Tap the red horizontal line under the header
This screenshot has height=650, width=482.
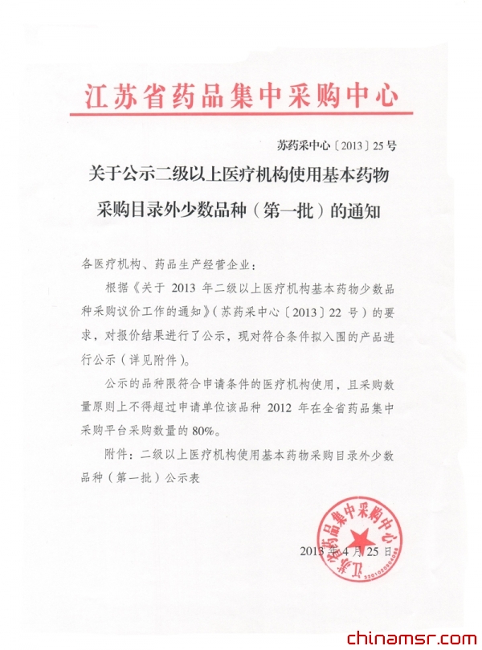coord(241,114)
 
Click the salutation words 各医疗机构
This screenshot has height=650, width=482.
coord(112,264)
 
